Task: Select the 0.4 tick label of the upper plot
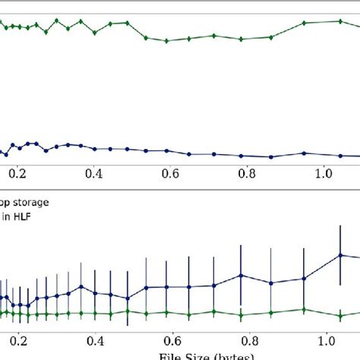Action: pyautogui.click(x=94, y=173)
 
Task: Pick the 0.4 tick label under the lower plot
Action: pyautogui.click(x=94, y=340)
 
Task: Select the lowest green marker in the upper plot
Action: pyautogui.click(x=166, y=41)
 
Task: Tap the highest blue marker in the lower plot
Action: pyautogui.click(x=339, y=254)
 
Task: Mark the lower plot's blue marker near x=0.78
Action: pyautogui.click(x=241, y=276)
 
